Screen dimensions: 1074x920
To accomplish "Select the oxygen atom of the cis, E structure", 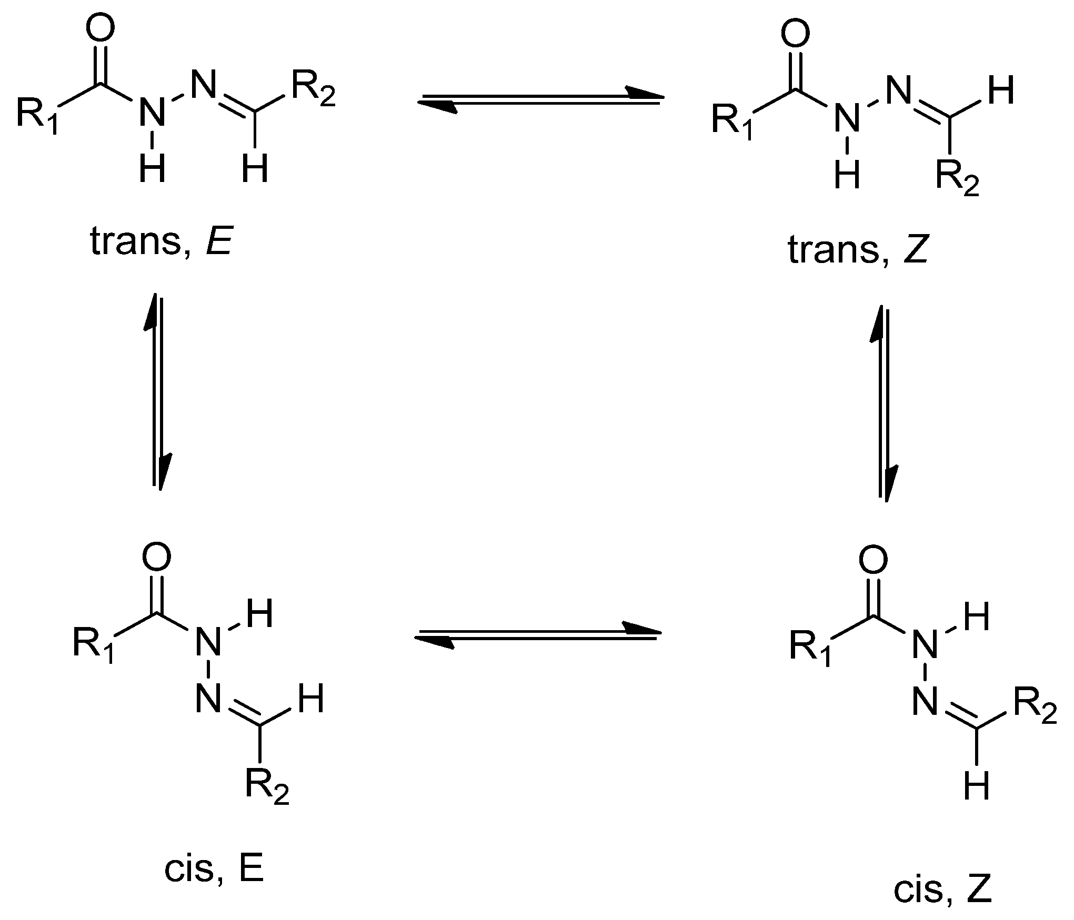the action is pos(156,558).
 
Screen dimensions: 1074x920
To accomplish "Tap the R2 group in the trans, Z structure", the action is pos(958,179).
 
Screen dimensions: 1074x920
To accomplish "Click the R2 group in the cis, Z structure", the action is pos(1035,708).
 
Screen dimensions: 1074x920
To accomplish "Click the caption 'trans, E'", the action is pos(161,242).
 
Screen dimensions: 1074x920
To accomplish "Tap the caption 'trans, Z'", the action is pos(857,250).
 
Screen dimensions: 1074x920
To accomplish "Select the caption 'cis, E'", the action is pos(213,870).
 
